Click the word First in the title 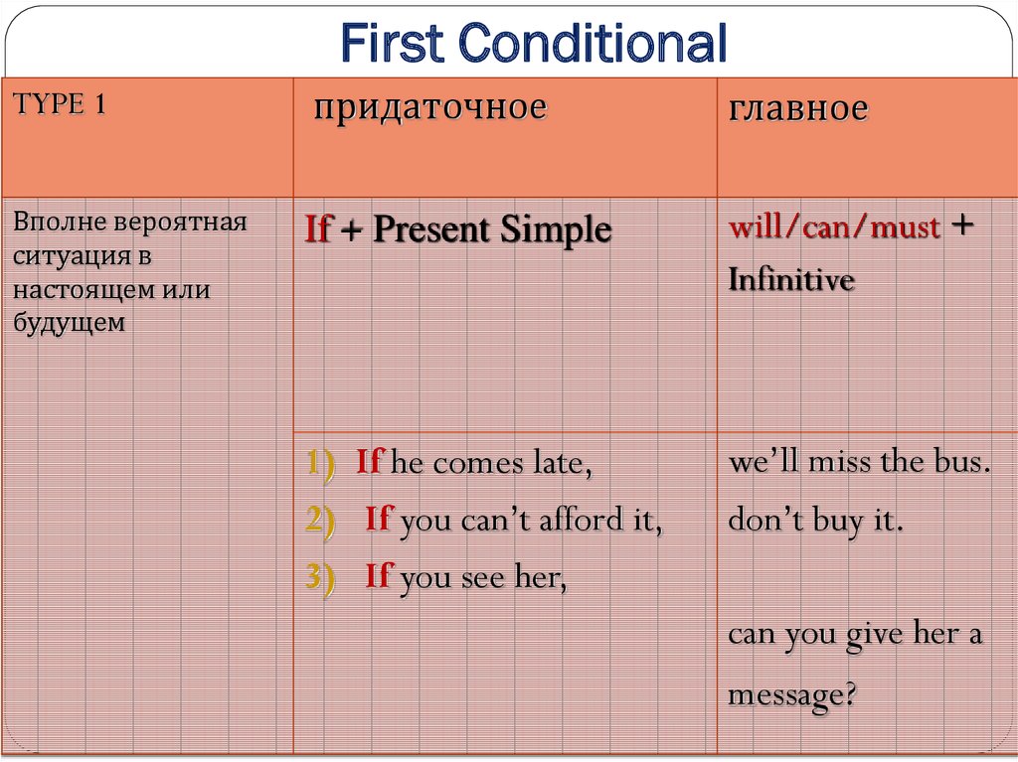pos(392,43)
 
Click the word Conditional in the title pos(593,43)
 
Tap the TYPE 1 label pos(59,104)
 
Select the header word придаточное pos(430,107)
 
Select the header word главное pos(798,107)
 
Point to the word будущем pos(69,323)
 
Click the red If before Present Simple pos(319,229)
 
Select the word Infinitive pos(790,280)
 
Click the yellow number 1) pos(321,464)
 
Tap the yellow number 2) pos(321,520)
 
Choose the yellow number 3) pos(321,576)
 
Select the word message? pos(792,694)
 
